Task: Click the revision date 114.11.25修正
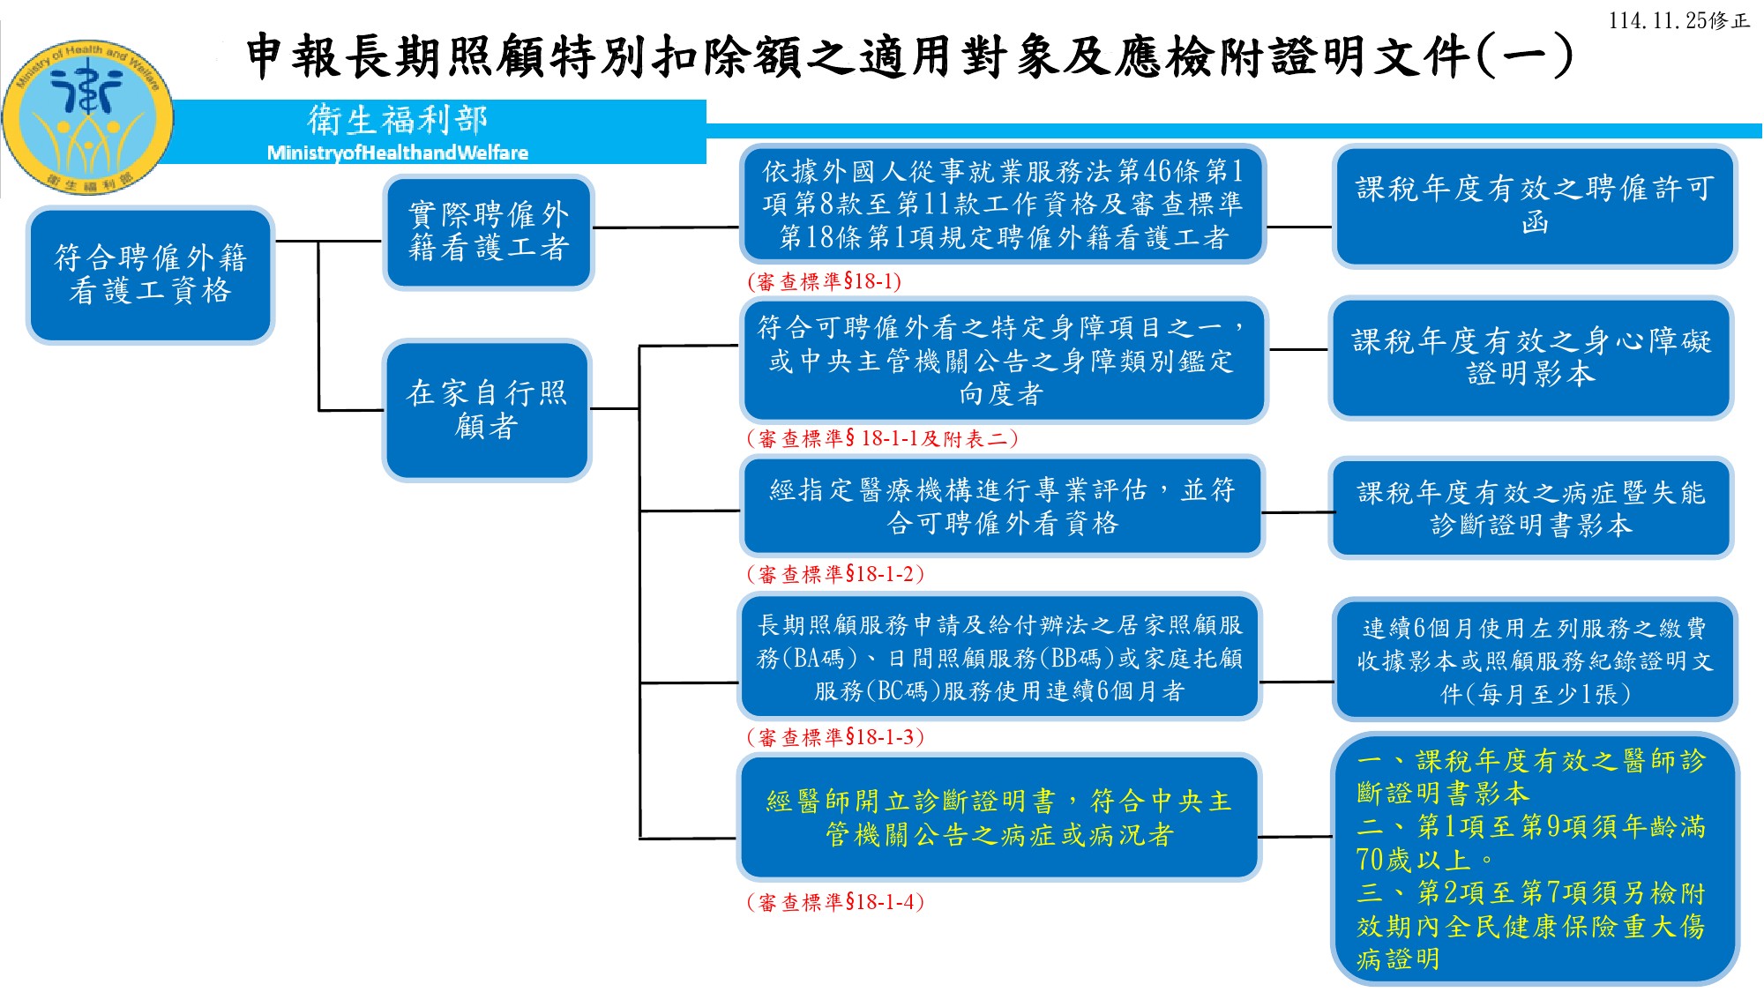point(1678,20)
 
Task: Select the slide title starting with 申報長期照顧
point(908,56)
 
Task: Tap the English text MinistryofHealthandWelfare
point(397,153)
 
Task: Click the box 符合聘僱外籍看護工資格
point(150,274)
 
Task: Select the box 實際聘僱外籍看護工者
point(488,231)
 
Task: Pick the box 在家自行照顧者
point(486,409)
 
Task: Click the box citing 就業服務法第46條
point(1002,204)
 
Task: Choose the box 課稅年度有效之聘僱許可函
point(1534,205)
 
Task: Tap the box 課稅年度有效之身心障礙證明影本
point(1530,357)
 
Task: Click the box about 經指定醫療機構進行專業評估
point(1002,506)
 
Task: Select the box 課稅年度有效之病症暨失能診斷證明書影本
point(1530,508)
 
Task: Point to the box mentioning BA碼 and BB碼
point(999,658)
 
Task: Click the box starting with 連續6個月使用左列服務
point(1534,660)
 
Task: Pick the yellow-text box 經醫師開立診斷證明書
point(998,817)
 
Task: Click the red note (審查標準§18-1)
point(825,281)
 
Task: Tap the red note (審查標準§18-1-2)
point(835,574)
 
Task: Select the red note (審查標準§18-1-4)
point(835,901)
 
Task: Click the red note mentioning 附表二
point(882,438)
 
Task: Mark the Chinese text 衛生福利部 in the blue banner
point(397,120)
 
